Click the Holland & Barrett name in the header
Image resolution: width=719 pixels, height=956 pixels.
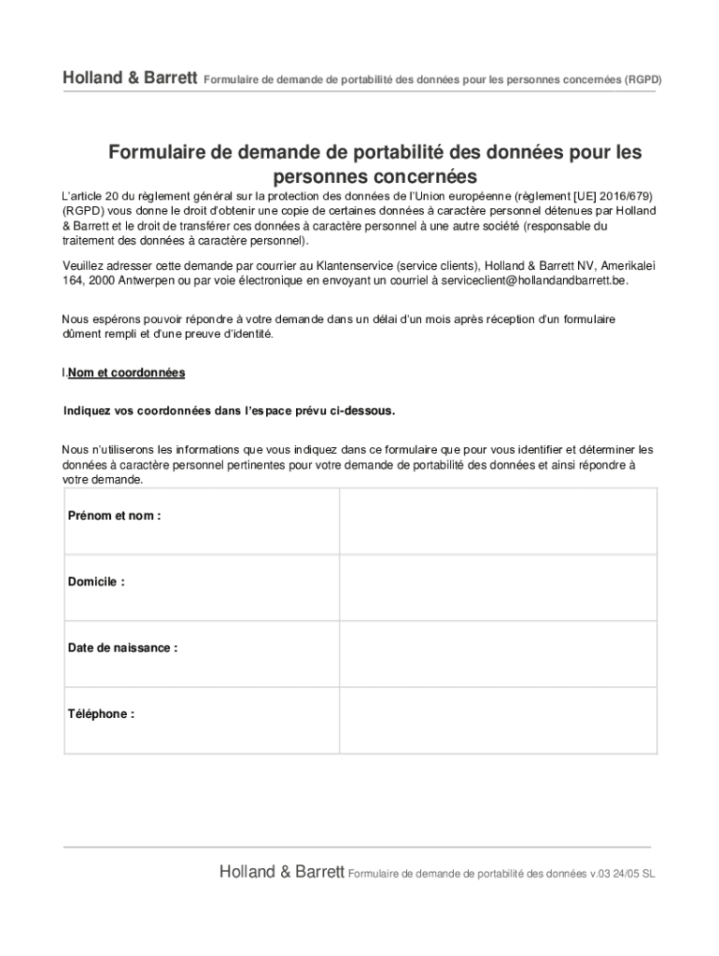[x=130, y=78]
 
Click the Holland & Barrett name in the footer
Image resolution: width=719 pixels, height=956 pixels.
[x=282, y=872]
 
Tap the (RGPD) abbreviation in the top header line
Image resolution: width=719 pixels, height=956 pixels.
[x=642, y=79]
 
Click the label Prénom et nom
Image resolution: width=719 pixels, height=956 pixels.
[x=114, y=516]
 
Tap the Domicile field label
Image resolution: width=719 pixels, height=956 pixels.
[x=96, y=582]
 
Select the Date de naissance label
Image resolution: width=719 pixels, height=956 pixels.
[x=122, y=648]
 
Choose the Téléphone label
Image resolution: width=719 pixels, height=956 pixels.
[x=101, y=714]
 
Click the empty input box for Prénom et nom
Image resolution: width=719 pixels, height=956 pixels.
[x=498, y=521]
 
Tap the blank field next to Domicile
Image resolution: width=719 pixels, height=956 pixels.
[x=498, y=587]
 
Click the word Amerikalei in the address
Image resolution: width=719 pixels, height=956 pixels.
[x=627, y=265]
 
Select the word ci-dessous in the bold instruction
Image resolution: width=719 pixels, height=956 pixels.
[x=370, y=411]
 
